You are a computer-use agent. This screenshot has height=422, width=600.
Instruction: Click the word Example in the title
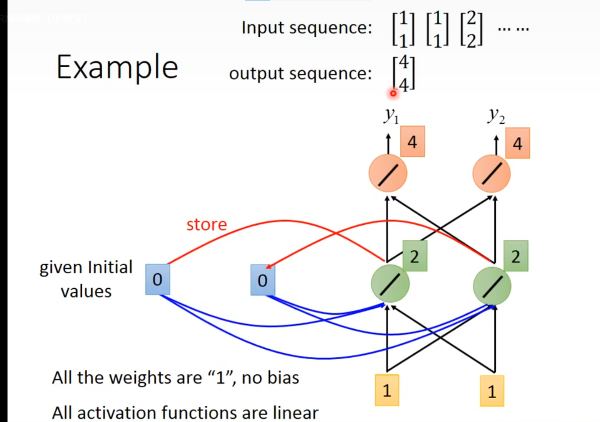pyautogui.click(x=117, y=68)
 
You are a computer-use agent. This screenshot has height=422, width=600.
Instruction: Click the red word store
pyautogui.click(x=206, y=225)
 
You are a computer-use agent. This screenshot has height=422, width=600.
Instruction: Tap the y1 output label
pyautogui.click(x=391, y=115)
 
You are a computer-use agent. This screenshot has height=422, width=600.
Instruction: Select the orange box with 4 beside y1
pyautogui.click(x=413, y=142)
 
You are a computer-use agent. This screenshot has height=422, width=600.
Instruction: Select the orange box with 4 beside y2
pyautogui.click(x=518, y=143)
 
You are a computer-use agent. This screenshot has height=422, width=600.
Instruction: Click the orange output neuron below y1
pyautogui.click(x=388, y=173)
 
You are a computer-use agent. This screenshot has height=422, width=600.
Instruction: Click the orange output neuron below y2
pyautogui.click(x=491, y=173)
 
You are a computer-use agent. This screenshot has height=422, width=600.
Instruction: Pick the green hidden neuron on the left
pyautogui.click(x=390, y=284)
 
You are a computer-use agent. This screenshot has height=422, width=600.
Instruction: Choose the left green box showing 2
pyautogui.click(x=415, y=256)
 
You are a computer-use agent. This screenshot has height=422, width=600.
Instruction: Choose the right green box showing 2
pyautogui.click(x=516, y=256)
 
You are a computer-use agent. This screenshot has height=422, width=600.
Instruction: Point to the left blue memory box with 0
pyautogui.click(x=157, y=280)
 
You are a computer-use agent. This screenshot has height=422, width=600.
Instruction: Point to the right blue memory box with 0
pyautogui.click(x=263, y=280)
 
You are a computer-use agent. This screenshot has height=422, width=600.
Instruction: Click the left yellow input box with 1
pyautogui.click(x=387, y=391)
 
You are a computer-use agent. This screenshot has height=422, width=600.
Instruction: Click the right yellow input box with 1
pyautogui.click(x=492, y=391)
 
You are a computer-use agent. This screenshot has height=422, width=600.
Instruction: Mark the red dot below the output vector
pyautogui.click(x=393, y=93)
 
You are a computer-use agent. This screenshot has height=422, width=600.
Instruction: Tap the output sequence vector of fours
pyautogui.click(x=404, y=74)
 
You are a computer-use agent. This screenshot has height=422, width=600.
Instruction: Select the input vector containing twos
pyautogui.click(x=471, y=29)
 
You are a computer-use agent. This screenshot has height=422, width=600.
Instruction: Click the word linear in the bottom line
pyautogui.click(x=296, y=413)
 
